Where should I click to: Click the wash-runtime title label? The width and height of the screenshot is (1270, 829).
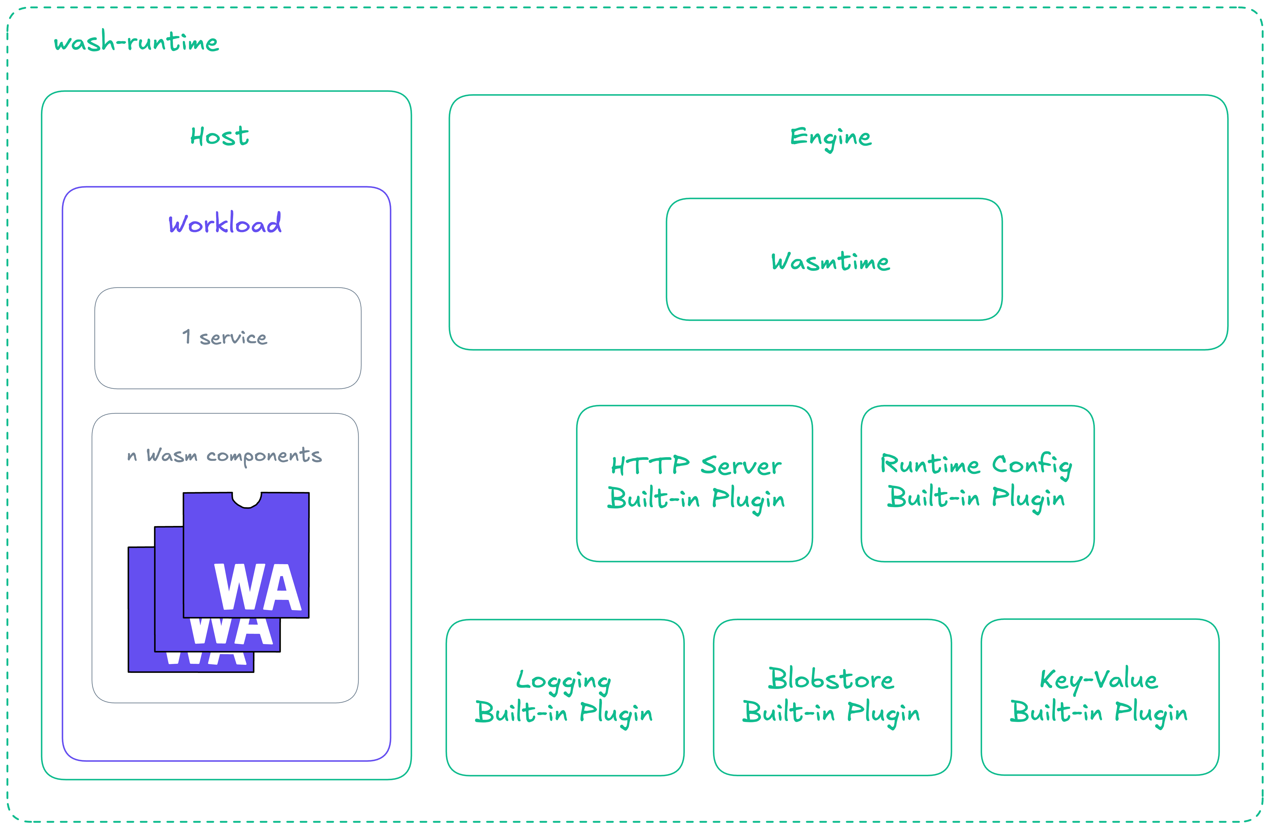point(136,42)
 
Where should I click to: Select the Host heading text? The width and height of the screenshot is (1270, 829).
point(219,137)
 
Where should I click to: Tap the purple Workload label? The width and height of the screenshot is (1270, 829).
point(225,223)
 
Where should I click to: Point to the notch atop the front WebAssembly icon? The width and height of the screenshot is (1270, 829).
point(246,500)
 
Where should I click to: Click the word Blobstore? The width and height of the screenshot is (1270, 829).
point(831,679)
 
